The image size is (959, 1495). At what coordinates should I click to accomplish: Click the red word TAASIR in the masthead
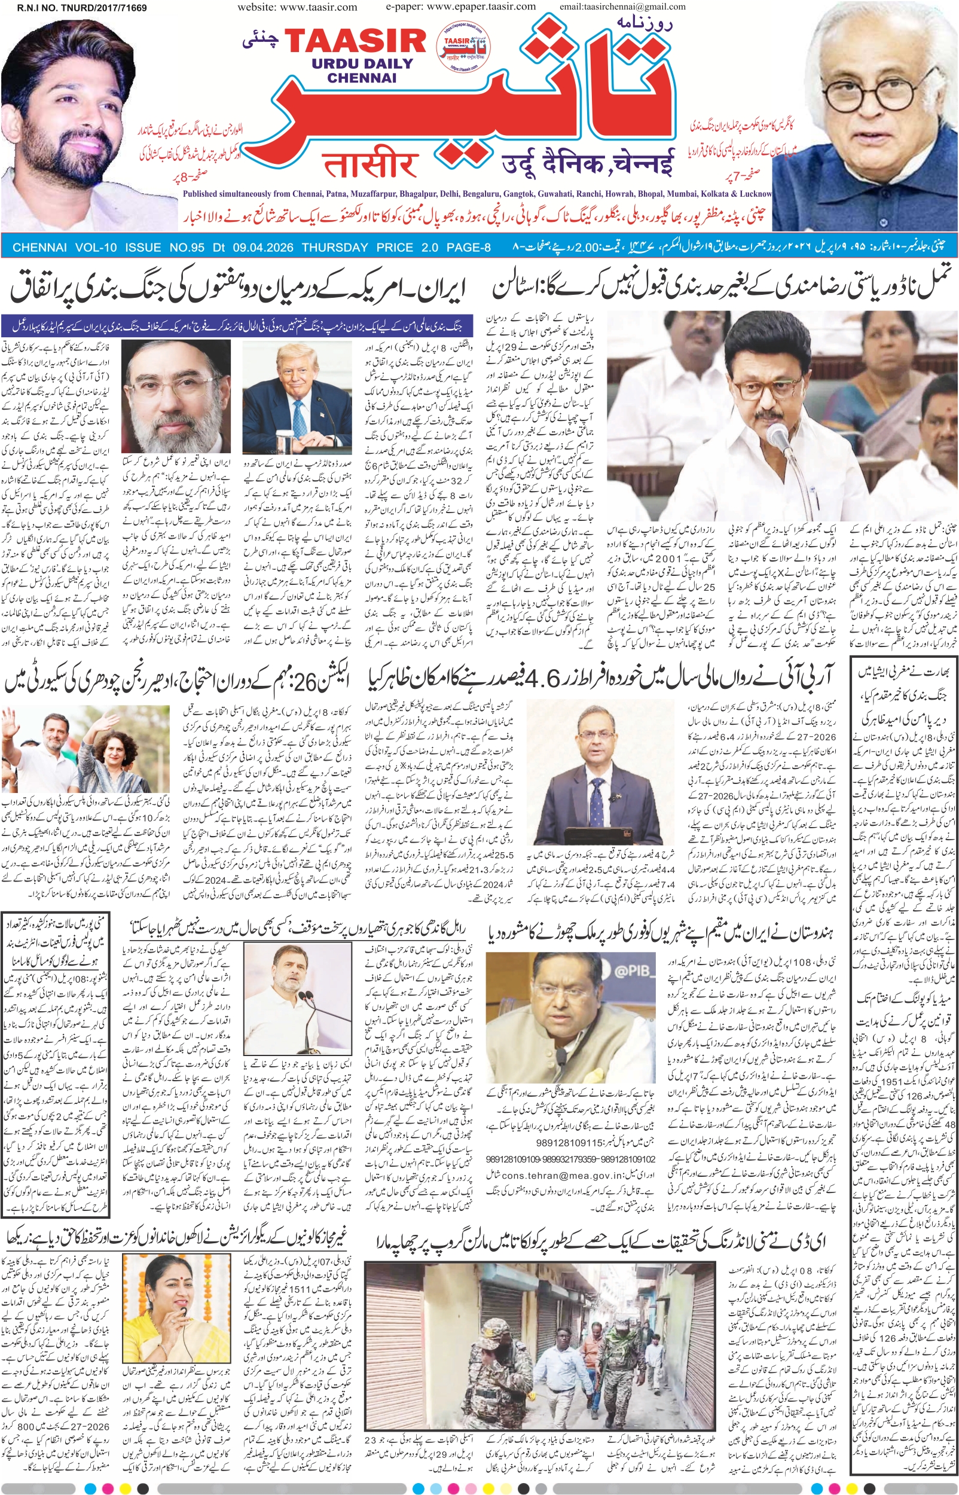coord(356,41)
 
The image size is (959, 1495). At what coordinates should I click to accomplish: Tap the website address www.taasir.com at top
coord(297,7)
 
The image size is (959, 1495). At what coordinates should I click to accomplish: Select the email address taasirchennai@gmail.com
coord(622,7)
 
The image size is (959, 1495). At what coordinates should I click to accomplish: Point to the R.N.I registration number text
coord(82,8)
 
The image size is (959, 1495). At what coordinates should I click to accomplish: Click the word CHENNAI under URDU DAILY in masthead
coord(361,78)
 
